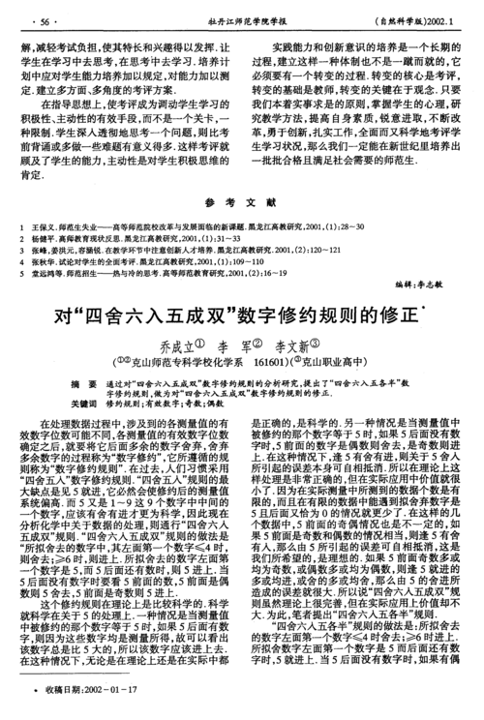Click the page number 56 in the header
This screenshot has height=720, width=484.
click(43, 20)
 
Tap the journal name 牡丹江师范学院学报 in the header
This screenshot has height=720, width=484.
click(242, 20)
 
